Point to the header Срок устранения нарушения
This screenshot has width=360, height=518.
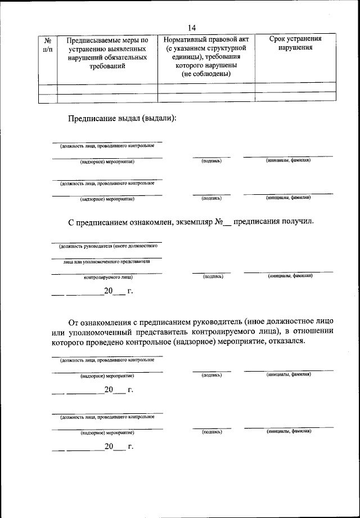click(x=296, y=43)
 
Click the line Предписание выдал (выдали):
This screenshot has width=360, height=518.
click(x=122, y=118)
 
